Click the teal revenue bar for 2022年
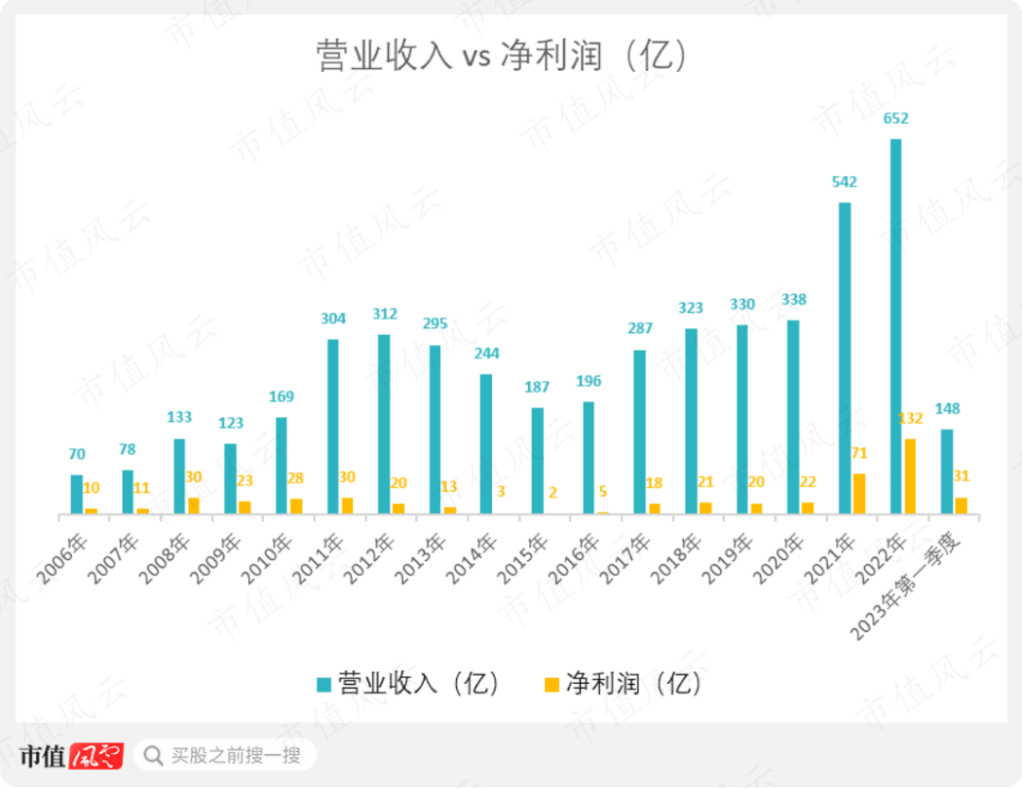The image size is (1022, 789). (895, 326)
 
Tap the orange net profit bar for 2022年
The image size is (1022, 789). (909, 476)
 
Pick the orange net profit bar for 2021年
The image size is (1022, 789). (858, 493)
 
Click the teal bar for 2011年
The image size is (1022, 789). (333, 426)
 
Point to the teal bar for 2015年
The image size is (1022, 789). (537, 461)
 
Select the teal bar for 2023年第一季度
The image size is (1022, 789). (946, 471)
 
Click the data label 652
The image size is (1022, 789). (895, 118)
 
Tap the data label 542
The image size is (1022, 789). (844, 182)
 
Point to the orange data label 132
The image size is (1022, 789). (909, 418)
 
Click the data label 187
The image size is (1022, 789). (537, 387)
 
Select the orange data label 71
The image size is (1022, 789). (858, 453)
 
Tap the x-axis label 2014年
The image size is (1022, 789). (473, 558)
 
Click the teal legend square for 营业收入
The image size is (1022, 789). (324, 684)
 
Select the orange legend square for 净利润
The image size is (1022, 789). (551, 684)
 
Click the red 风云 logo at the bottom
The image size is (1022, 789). (97, 756)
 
